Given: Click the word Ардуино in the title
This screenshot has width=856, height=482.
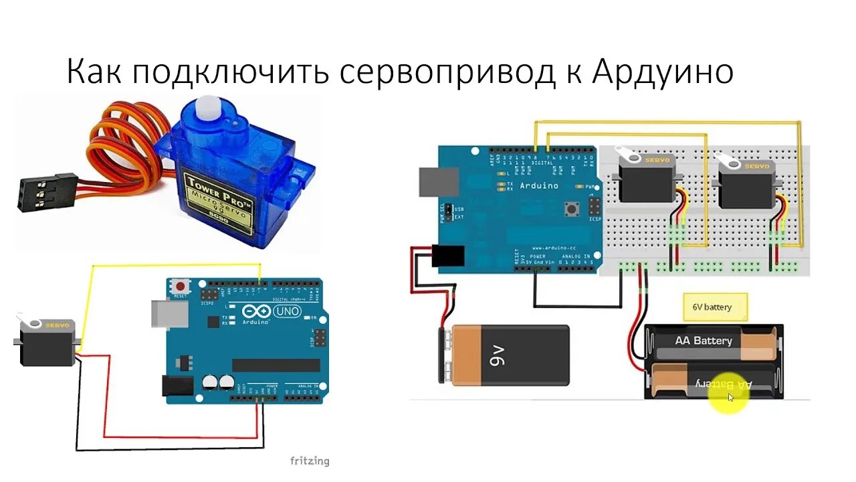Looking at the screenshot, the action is coord(663,72).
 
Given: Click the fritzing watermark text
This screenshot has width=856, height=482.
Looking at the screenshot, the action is coord(309,461).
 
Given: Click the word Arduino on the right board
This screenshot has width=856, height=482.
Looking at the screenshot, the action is coord(538,185).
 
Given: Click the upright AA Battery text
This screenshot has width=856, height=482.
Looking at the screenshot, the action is coord(704,341).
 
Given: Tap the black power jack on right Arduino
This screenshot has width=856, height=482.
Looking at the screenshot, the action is coord(449,256).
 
